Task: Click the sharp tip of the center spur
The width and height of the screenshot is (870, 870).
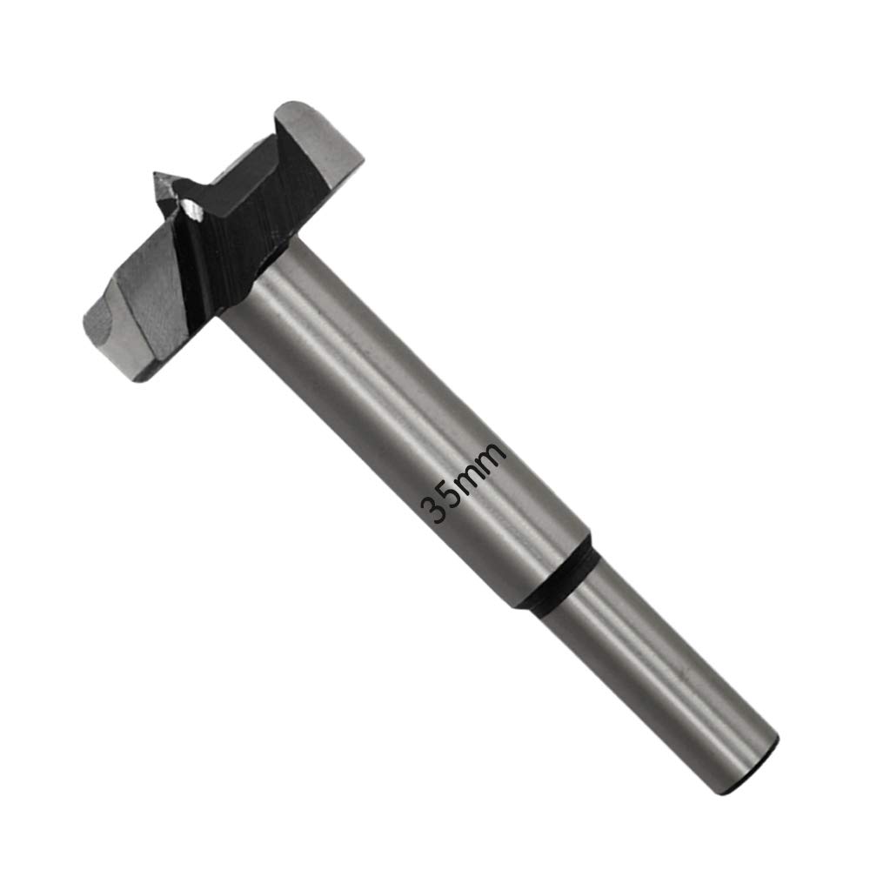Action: (x=156, y=174)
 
